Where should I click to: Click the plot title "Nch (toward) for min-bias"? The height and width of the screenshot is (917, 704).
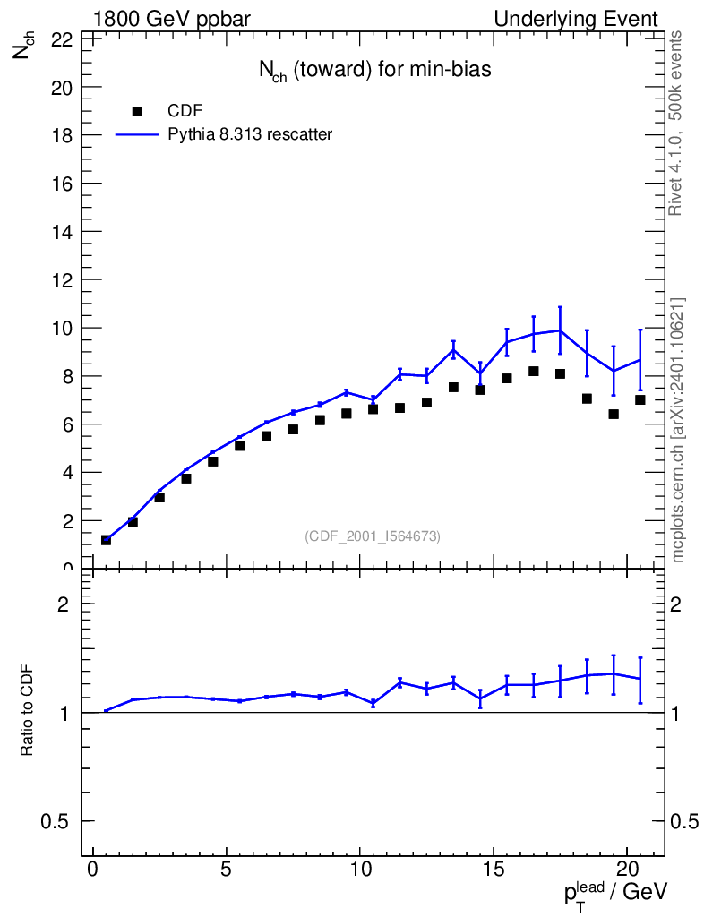374,71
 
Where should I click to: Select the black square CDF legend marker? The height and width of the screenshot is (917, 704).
137,111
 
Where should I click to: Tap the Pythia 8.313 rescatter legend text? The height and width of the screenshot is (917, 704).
250,135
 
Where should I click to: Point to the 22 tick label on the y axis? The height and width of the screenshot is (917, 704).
62,39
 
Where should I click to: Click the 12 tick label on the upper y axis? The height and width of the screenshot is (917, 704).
62,279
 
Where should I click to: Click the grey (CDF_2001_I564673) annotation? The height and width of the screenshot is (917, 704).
373,536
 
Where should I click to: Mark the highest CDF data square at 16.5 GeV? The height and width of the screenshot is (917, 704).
534,372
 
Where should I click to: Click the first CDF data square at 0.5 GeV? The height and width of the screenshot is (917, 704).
106,540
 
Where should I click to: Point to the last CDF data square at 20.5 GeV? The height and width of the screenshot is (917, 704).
640,400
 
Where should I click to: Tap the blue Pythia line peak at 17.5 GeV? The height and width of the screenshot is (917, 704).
560,330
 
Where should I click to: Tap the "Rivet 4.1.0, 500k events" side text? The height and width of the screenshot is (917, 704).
676,123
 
